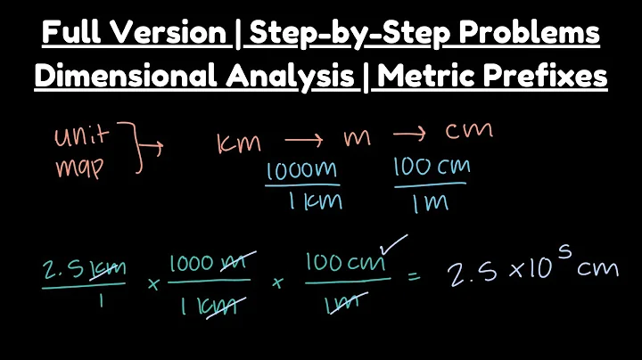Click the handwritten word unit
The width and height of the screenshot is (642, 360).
tap(82, 137)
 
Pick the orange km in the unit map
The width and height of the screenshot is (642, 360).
tap(238, 143)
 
